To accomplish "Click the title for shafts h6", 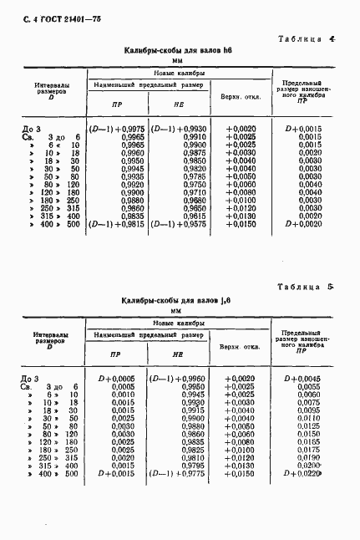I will pos(178,51).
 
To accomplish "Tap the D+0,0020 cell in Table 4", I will pos(303,224).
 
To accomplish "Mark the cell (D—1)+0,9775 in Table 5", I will pos(176,473).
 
